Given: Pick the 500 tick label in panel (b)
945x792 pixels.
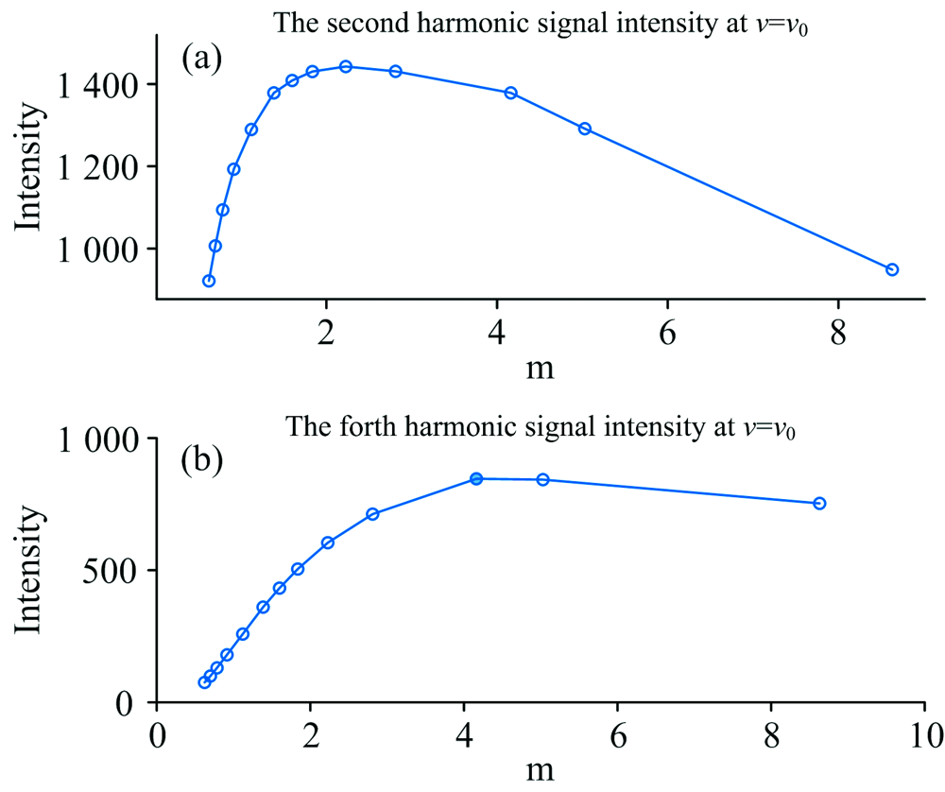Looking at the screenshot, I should click(x=113, y=571).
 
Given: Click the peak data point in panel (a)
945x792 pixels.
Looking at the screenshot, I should click(x=346, y=66).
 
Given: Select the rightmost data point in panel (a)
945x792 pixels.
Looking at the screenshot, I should click(x=892, y=269).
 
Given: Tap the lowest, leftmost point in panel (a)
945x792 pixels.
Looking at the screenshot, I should click(x=209, y=281).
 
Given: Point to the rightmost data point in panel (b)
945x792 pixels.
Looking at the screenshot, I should click(x=819, y=503).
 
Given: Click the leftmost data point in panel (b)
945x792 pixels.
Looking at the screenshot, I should click(x=204, y=682).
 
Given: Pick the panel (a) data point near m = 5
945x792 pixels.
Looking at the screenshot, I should click(x=585, y=129).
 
